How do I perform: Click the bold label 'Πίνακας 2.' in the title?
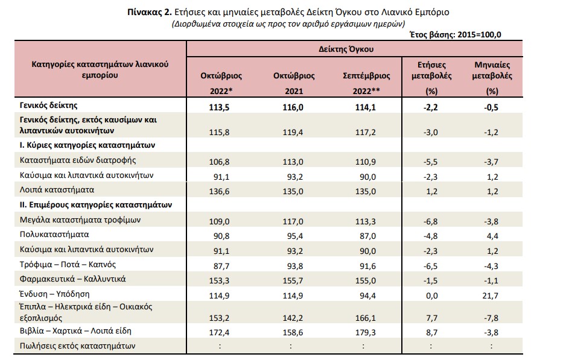pyautogui.click(x=149, y=12)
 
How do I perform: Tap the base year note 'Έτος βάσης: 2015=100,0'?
pyautogui.click(x=455, y=35)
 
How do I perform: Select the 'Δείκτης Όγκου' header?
pyautogui.click(x=346, y=49)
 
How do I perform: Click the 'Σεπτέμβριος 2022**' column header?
pyautogui.click(x=366, y=83)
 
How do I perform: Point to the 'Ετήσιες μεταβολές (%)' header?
pyautogui.click(x=431, y=78)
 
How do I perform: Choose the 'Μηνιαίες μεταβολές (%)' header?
pyautogui.click(x=492, y=78)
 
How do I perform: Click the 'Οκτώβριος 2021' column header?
pyautogui.click(x=294, y=83)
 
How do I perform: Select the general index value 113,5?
pyautogui.click(x=219, y=108)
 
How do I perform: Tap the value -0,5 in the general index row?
pyautogui.click(x=491, y=108)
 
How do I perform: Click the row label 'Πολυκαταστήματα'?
pyautogui.click(x=54, y=235)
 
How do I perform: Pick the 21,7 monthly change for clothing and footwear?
pyautogui.click(x=490, y=296)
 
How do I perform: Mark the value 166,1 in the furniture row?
pyautogui.click(x=366, y=318)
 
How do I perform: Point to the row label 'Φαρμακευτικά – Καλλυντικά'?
pyautogui.click(x=72, y=279)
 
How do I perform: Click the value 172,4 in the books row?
pyautogui.click(x=219, y=332)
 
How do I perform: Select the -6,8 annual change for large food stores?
pyautogui.click(x=430, y=221)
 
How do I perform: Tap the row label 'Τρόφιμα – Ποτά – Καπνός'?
pyautogui.click(x=68, y=265)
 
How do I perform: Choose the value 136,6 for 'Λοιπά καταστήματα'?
pyautogui.click(x=219, y=191)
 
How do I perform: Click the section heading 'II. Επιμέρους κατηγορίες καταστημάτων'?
pyautogui.click(x=96, y=205)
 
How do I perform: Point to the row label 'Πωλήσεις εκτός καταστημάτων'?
pyautogui.click(x=77, y=346)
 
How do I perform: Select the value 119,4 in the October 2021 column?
pyautogui.click(x=293, y=132)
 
